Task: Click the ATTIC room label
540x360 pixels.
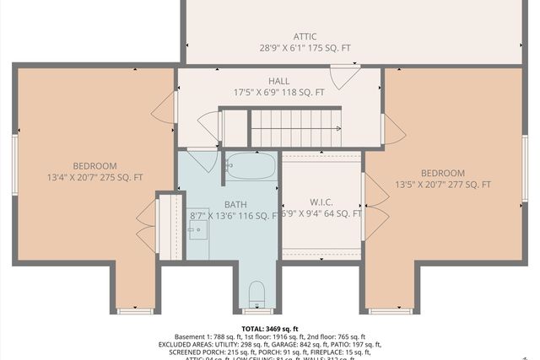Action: coord(305,36)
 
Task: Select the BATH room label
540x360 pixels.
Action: coord(235,204)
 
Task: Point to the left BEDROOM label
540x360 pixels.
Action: coord(94,166)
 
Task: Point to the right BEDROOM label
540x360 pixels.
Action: coord(442,173)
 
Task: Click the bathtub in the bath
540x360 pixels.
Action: coord(251,166)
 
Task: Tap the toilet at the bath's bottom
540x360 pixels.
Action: coord(257,294)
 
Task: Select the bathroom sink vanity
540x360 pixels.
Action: coord(198,223)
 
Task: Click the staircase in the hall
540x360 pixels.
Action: coord(295,128)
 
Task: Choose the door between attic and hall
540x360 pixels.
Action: coord(343,77)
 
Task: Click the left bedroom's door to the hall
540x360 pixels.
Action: coord(165,105)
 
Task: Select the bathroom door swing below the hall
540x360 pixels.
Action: coord(201,159)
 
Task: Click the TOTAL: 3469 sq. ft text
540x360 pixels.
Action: coord(270,328)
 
